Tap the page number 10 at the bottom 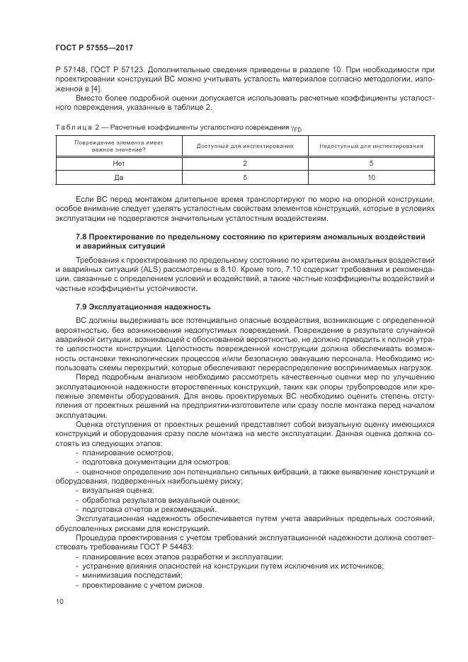59,600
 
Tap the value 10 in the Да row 371,177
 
